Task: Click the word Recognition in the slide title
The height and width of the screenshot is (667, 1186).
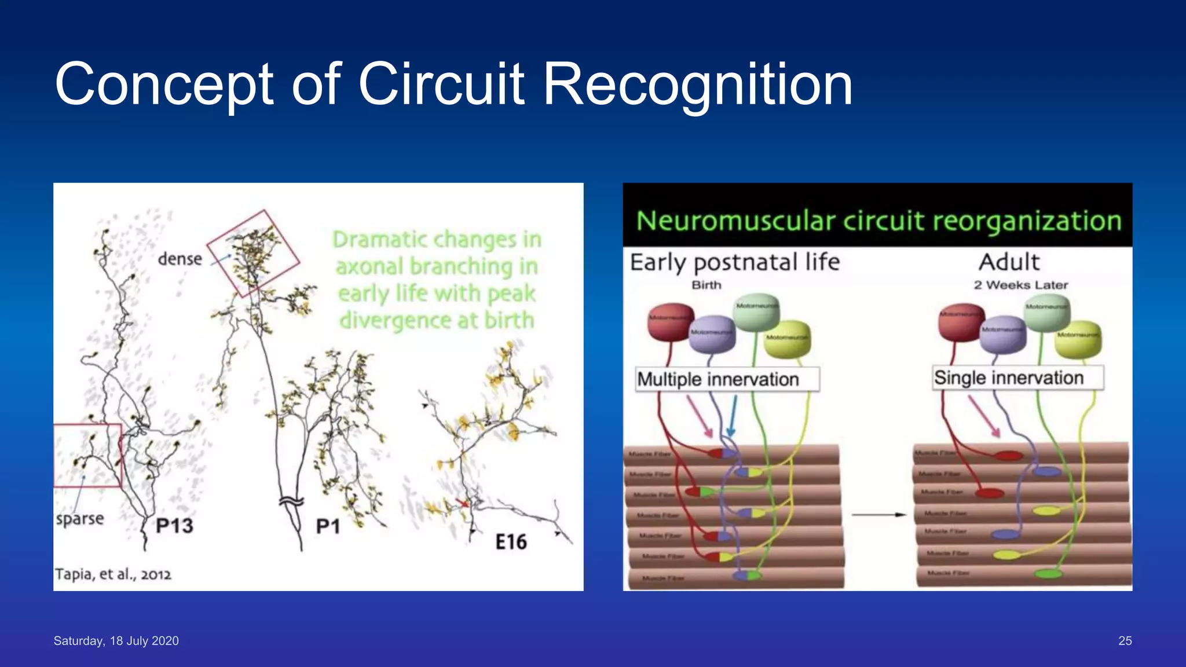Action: pyautogui.click(x=697, y=85)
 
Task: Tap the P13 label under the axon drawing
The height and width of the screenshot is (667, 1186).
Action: pyautogui.click(x=174, y=526)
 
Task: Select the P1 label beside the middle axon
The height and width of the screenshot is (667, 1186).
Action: pyautogui.click(x=328, y=526)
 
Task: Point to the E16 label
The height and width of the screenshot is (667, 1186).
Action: pyautogui.click(x=511, y=542)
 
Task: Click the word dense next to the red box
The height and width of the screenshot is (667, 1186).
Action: pyautogui.click(x=180, y=259)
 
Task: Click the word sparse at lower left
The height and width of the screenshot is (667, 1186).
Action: pyautogui.click(x=80, y=518)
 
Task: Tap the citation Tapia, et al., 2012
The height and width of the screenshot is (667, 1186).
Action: pyautogui.click(x=113, y=574)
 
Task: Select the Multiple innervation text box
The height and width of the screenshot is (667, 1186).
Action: pyautogui.click(x=727, y=379)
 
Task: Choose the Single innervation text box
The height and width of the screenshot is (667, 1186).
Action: pyautogui.click(x=1017, y=378)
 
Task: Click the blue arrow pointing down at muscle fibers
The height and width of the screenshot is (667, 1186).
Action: pyautogui.click(x=732, y=417)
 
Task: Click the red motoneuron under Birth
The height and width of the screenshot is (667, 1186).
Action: pyautogui.click(x=669, y=322)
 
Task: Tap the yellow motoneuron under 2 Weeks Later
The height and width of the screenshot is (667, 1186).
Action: pyautogui.click(x=1077, y=339)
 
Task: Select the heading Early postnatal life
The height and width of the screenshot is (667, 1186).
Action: pyautogui.click(x=734, y=262)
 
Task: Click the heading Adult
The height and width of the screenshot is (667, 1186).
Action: pyautogui.click(x=1009, y=262)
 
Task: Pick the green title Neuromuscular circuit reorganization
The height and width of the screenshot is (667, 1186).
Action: pyautogui.click(x=878, y=221)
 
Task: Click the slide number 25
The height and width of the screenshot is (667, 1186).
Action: pyautogui.click(x=1125, y=640)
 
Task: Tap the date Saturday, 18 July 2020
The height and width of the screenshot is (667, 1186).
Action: pyautogui.click(x=116, y=640)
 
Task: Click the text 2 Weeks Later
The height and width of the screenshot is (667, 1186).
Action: pyautogui.click(x=1020, y=285)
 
